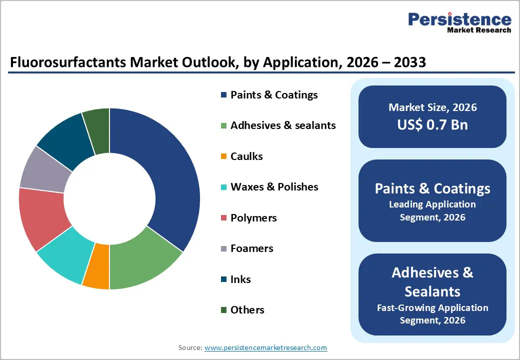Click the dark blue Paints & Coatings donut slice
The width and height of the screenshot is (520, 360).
click(170, 175)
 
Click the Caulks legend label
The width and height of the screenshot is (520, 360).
click(246, 156)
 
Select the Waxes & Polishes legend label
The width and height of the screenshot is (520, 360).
click(274, 187)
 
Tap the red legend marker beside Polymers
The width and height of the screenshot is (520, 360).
click(223, 218)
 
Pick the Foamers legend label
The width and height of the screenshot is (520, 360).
click(252, 248)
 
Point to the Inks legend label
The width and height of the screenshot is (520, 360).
click(240, 279)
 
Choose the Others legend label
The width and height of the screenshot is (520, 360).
click(247, 310)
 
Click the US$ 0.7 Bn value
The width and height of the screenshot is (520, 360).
click(432, 124)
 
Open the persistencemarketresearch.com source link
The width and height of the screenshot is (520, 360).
click(265, 347)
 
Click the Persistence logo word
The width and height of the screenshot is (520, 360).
click(460, 19)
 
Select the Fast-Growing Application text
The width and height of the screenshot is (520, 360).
click(432, 307)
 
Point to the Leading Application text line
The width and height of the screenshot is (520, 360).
click(432, 204)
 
